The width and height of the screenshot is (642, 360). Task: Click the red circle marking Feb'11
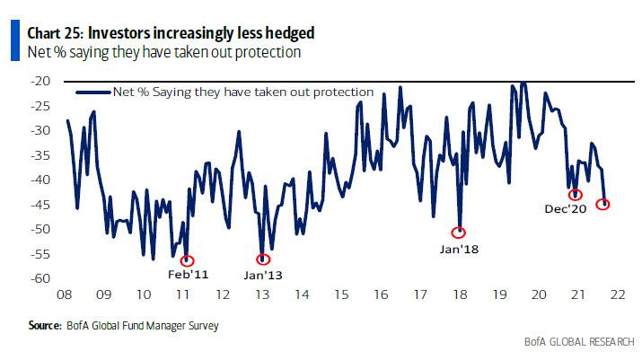187,261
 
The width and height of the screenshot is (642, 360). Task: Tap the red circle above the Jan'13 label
262,259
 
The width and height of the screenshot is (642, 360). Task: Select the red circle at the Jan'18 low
461,232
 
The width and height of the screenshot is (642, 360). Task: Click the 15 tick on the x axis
341,294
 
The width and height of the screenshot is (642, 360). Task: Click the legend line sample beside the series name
92,92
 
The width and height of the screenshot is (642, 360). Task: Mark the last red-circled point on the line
602,204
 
